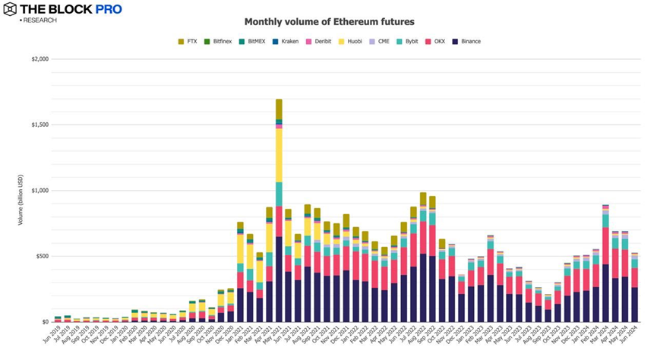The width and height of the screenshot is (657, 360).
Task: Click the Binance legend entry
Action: tap(467, 42)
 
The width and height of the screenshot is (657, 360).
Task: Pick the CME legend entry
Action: tap(379, 42)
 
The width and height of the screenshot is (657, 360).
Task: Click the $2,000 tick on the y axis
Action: tap(39, 59)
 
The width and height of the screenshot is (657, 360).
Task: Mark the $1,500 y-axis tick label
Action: tap(39, 125)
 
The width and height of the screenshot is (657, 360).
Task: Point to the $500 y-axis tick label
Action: tap(41, 256)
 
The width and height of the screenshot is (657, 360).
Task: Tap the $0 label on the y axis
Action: tap(45, 322)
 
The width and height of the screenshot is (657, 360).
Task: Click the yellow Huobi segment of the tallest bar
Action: tap(279, 156)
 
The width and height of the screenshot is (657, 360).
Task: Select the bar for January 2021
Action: tap(240, 273)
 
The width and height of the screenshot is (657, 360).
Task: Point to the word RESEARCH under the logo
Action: tap(40, 21)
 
